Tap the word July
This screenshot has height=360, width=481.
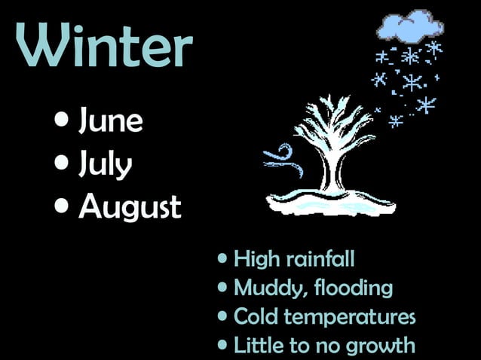[105, 163]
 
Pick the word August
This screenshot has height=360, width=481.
[130, 206]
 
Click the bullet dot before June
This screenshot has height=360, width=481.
[64, 121]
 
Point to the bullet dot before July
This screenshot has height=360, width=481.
[64, 163]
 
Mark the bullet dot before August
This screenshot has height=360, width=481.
[64, 205]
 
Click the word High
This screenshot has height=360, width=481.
[257, 260]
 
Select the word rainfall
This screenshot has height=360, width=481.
[320, 260]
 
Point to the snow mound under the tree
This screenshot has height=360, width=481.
[332, 202]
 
